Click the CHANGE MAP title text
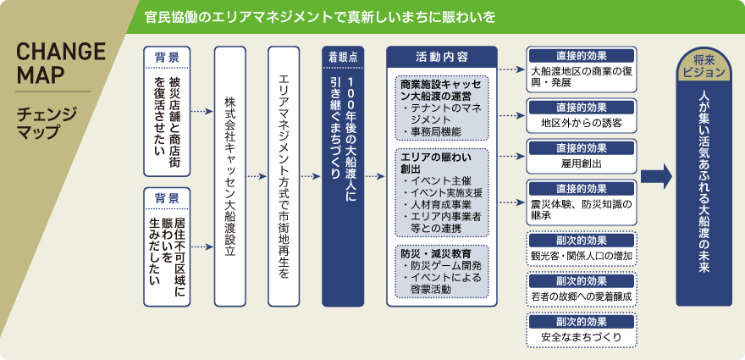(61, 63)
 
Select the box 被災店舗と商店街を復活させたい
(167, 119)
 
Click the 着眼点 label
(343, 56)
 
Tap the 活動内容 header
(441, 57)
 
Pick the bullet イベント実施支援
(444, 192)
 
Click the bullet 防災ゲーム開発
(443, 265)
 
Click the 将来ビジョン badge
(703, 67)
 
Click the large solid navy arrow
(657, 176)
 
